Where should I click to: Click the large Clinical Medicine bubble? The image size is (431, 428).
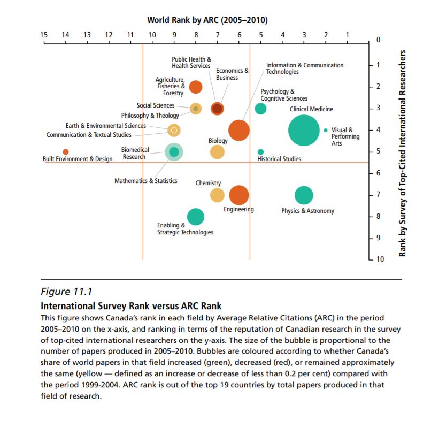(304, 130)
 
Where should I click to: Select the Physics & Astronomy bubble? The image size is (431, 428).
(304, 195)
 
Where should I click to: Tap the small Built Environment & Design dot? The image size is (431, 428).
(66, 152)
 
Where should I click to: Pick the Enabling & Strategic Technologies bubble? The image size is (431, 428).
(196, 217)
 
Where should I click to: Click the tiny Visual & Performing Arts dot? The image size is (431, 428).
(326, 130)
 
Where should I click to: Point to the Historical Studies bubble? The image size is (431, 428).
(260, 152)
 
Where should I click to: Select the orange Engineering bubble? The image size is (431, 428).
(238, 195)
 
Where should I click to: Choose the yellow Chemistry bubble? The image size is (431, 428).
(217, 195)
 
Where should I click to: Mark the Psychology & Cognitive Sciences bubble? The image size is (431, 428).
(260, 109)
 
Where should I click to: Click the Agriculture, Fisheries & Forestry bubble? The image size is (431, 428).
(196, 87)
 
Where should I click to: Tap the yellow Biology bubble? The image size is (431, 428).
(217, 152)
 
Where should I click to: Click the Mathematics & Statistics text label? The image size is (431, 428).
(145, 181)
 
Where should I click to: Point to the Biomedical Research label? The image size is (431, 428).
(135, 153)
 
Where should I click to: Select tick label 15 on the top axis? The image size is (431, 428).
(44, 35)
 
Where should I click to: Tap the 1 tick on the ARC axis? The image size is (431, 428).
(348, 35)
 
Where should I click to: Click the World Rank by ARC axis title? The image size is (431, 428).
(207, 20)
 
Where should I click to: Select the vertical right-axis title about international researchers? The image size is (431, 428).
(404, 154)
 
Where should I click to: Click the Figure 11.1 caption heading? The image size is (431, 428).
(67, 292)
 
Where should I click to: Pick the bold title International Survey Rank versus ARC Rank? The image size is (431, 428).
(131, 306)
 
